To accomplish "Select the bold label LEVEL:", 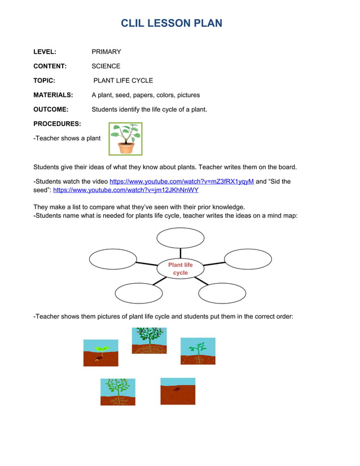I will point(45,52).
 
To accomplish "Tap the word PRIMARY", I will point(106,52).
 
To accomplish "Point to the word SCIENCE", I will point(106,66).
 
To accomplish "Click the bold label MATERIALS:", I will point(53,95).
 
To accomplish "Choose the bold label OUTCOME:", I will point(51,109).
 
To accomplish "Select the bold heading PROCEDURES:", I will point(57,124).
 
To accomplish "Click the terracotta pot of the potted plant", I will point(126,148).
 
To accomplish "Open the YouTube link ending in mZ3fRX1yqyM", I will point(181,181).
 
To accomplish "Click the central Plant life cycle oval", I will point(180,269).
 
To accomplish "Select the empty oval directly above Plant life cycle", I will point(180,238).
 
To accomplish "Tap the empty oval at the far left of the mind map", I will point(113,260).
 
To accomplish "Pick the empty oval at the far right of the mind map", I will point(248,259).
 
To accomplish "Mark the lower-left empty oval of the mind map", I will point(138,293).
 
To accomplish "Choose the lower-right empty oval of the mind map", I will point(222,293).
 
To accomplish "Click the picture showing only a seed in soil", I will point(177,391).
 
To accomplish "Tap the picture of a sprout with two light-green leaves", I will point(100,353).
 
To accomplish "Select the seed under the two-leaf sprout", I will point(100,358).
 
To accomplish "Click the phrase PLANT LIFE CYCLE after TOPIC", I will point(123,81).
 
